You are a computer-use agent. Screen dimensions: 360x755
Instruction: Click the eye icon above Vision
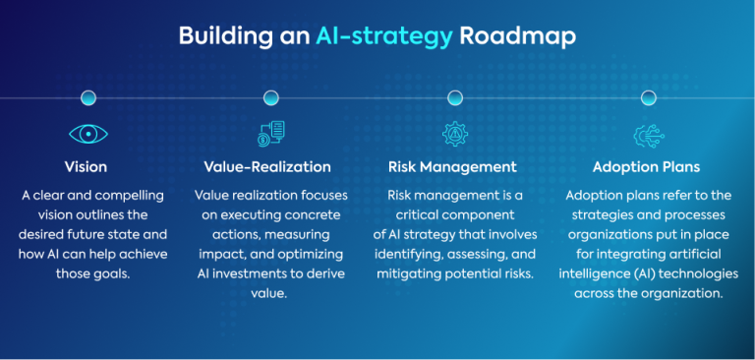click(x=87, y=134)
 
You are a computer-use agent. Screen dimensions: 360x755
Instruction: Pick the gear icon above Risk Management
click(x=454, y=134)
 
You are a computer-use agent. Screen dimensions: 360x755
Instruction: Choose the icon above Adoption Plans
click(x=648, y=134)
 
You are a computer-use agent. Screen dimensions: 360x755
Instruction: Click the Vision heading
click(x=86, y=166)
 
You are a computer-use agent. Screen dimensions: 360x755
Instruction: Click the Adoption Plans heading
click(x=646, y=166)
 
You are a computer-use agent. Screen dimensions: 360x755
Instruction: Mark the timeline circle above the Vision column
click(x=88, y=97)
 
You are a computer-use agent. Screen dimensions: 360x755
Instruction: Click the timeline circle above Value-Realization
click(x=270, y=97)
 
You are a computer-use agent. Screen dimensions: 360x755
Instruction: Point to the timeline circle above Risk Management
click(x=455, y=97)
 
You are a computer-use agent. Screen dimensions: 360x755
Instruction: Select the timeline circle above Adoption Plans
click(x=648, y=97)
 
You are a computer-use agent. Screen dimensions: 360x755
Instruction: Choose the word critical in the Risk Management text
click(x=416, y=214)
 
